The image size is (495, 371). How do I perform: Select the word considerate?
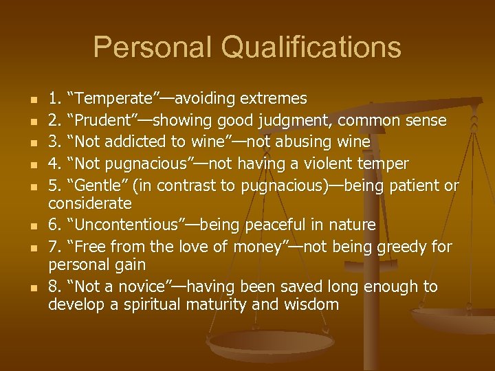pyautogui.click(x=89, y=203)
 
